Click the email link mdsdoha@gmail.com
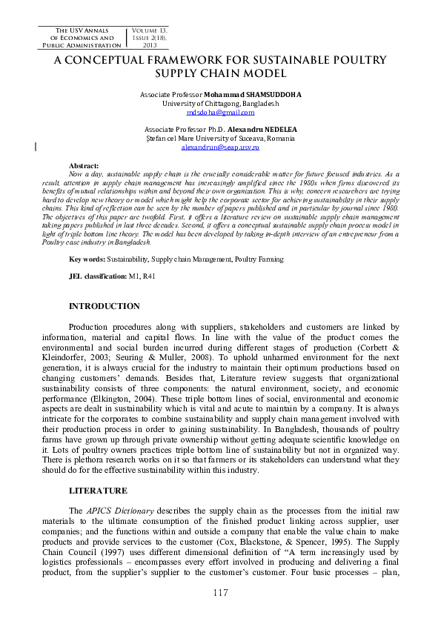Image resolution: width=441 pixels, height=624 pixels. pyautogui.click(x=220, y=113)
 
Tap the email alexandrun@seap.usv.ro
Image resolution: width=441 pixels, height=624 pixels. pyautogui.click(x=220, y=147)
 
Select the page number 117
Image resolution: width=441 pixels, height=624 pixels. pyautogui.click(x=220, y=592)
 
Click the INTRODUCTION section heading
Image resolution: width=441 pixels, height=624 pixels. pyautogui.click(x=104, y=306)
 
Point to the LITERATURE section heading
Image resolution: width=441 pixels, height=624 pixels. pyautogui.click(x=99, y=491)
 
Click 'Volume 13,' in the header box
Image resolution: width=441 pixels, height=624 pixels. pyautogui.click(x=150, y=30)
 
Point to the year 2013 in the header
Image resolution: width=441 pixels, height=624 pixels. pyautogui.click(x=150, y=44)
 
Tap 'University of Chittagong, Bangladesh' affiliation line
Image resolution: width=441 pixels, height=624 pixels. pyautogui.click(x=220, y=104)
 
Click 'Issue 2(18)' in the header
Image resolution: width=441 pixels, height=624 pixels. pyautogui.click(x=150, y=37)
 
